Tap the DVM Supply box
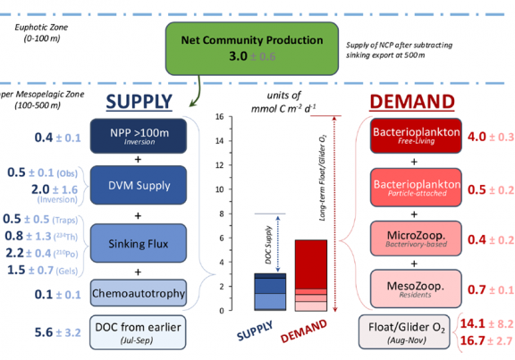coord(137,187)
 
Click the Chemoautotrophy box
coord(137,292)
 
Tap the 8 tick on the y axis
coord(220,213)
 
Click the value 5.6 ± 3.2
coord(59,332)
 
